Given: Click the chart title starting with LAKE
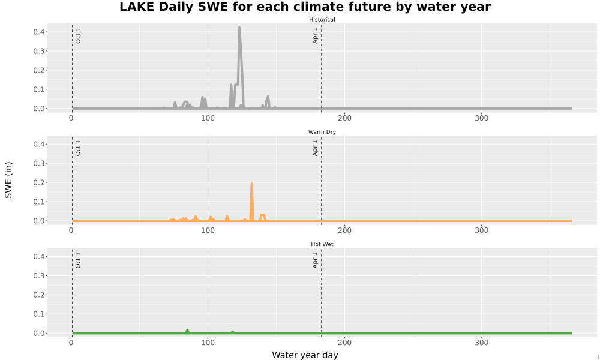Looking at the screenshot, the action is coord(305,7).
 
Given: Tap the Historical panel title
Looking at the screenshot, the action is coord(322,20).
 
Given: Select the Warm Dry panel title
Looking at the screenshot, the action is coord(322,132).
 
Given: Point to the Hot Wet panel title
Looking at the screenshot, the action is coord(322,244).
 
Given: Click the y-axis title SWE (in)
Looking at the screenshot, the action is coord(8,180).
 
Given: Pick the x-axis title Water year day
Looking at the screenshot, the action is coord(305,355).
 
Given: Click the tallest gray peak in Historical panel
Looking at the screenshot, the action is coord(239,28).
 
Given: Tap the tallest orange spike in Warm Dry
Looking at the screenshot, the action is coord(251,184).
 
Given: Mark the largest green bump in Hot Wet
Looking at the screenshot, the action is coord(187,331).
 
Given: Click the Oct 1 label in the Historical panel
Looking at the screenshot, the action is coord(78,35).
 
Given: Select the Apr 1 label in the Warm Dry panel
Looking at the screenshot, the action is coord(315,148).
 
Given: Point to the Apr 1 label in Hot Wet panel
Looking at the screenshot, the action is coord(315,260).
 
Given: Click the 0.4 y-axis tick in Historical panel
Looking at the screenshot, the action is coord(38,32).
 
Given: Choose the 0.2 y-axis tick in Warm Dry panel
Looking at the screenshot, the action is coord(38,182).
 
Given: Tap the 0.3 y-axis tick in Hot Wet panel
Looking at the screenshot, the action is coord(38,276).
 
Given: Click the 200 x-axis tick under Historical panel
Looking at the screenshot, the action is coord(345,118).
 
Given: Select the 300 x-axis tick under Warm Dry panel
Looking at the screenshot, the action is coord(481,230).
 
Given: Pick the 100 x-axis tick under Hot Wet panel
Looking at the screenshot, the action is coord(208,343).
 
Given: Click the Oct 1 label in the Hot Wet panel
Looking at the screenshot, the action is coord(78,260).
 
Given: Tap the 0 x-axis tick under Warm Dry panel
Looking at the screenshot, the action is coord(71,230).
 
